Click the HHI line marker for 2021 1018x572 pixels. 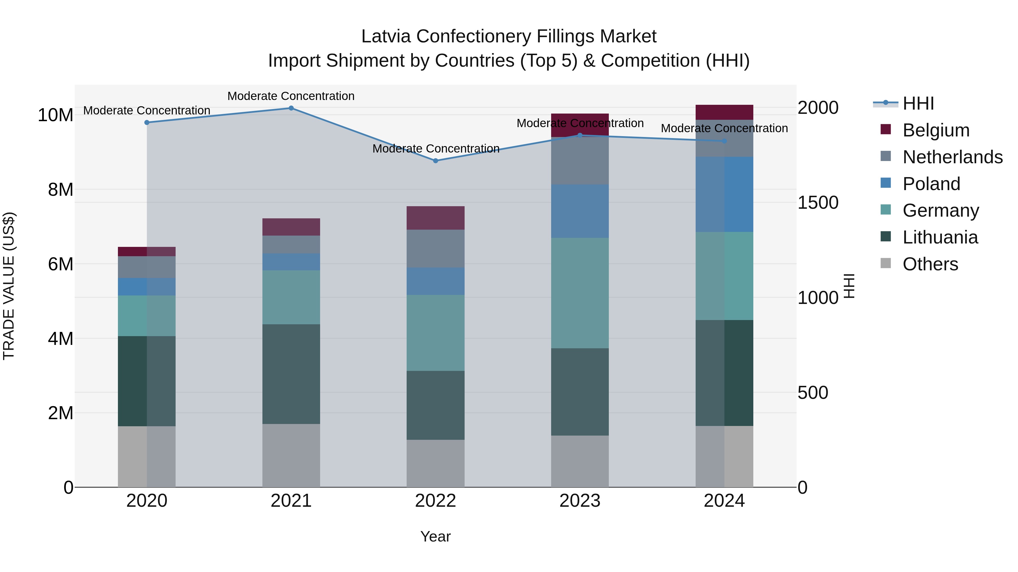pyautogui.click(x=291, y=108)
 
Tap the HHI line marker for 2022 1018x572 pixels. pyautogui.click(x=435, y=161)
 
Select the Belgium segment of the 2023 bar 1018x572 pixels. pyautogui.click(x=580, y=125)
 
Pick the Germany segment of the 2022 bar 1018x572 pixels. pyautogui.click(x=435, y=332)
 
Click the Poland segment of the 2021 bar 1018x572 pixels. pyautogui.click(x=291, y=262)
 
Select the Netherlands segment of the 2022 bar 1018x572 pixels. pyautogui.click(x=435, y=248)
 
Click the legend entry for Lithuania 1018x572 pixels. pyautogui.click(x=940, y=237)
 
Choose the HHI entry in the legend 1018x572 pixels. pyautogui.click(x=918, y=103)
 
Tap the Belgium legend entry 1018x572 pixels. pyautogui.click(x=936, y=130)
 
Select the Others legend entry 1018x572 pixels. pyautogui.click(x=930, y=264)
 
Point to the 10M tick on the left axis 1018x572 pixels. pyautogui.click(x=55, y=115)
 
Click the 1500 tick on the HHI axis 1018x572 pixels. pyautogui.click(x=818, y=203)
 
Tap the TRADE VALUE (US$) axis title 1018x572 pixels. pyautogui.click(x=9, y=286)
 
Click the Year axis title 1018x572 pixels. pyautogui.click(x=435, y=536)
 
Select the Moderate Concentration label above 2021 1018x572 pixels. pyautogui.click(x=291, y=96)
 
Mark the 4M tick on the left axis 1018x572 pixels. pyautogui.click(x=61, y=339)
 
